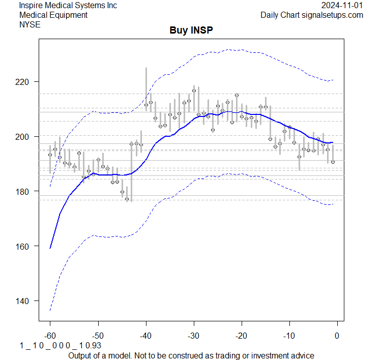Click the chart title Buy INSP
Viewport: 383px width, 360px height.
click(191, 31)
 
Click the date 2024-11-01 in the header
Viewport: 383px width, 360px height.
click(342, 5)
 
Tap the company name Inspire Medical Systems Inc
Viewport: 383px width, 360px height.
click(68, 5)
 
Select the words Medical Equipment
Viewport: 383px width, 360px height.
click(53, 15)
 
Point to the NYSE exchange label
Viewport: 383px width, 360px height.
click(30, 24)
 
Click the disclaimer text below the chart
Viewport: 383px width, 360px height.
click(191, 355)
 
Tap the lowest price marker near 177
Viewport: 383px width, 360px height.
click(127, 199)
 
